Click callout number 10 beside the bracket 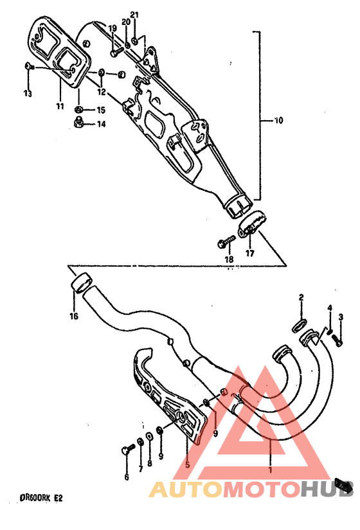[278, 120]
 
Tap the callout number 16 [74, 316]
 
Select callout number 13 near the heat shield [27, 94]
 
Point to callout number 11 [59, 106]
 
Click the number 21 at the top [134, 15]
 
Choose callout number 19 [112, 28]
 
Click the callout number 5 [187, 464]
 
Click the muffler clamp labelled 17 [252, 224]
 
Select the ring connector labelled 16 [80, 283]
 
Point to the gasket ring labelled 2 [301, 324]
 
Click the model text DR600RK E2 [42, 498]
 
